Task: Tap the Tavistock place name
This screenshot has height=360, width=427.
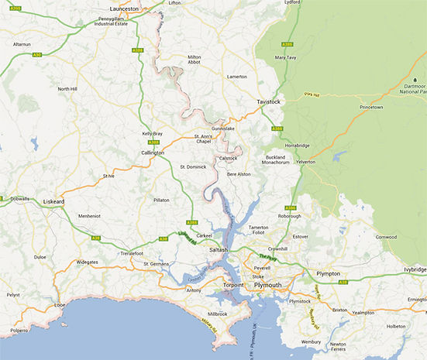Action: click(272, 101)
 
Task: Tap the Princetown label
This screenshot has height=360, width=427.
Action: click(357, 108)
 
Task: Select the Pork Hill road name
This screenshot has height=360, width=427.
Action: click(312, 96)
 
